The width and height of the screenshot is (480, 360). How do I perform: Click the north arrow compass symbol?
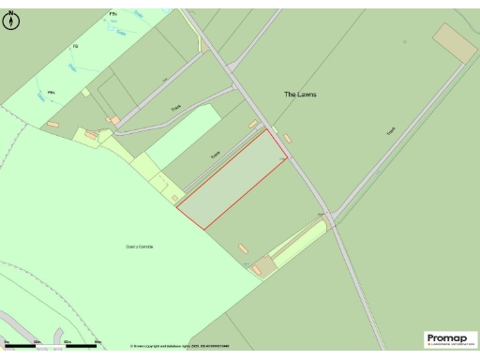(x=11, y=22)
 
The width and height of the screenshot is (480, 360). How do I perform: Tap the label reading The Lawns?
(x=301, y=95)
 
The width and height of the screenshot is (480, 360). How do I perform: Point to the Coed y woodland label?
(x=139, y=247)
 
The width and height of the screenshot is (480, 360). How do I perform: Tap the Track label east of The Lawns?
(x=391, y=132)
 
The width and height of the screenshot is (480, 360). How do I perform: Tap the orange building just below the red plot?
(x=244, y=248)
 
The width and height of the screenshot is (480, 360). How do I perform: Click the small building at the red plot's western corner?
(x=176, y=197)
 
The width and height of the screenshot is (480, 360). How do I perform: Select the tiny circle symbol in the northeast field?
(x=405, y=42)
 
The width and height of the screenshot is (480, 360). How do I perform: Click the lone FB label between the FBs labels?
(x=76, y=46)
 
